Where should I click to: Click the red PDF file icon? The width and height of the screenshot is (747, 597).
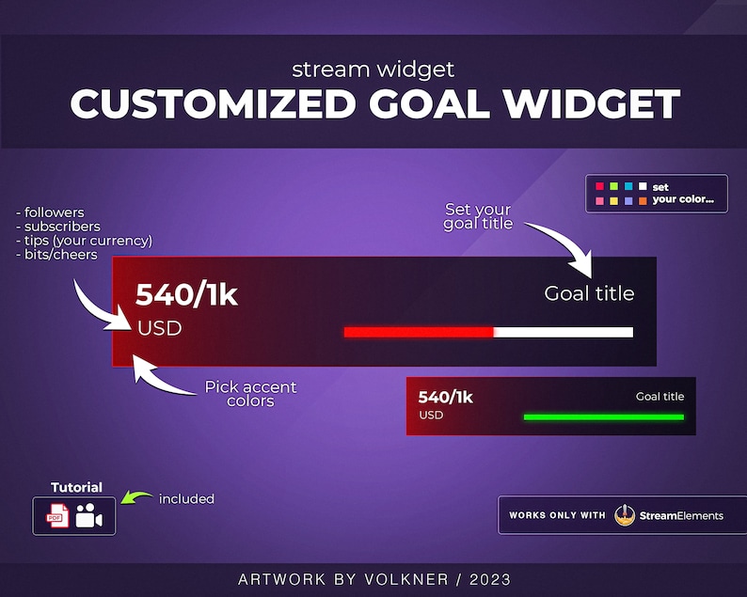coord(58,515)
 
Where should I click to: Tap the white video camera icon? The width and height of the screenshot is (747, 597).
coord(89,515)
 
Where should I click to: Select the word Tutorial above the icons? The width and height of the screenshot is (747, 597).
coord(76,487)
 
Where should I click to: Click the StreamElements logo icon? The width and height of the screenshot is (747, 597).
coord(625,514)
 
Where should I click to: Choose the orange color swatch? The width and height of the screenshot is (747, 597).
coord(643,200)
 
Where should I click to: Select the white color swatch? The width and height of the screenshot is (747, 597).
coord(643,186)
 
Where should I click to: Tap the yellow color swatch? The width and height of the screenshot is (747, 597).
coord(613,200)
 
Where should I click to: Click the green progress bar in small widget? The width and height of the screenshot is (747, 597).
coord(603,416)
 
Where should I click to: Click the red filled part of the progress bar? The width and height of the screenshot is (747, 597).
coord(419,332)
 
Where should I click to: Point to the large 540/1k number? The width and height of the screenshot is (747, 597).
coord(186,295)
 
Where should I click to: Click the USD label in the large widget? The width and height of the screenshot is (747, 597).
coord(159,329)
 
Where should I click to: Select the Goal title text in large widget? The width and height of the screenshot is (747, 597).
coord(589,293)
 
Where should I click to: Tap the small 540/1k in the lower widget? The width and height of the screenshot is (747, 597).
coord(445,397)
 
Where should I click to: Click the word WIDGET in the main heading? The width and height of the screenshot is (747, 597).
coord(591,103)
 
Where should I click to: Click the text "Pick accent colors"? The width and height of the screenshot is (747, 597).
coord(250,394)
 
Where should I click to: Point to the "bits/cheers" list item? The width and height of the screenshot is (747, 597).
coord(58,254)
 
